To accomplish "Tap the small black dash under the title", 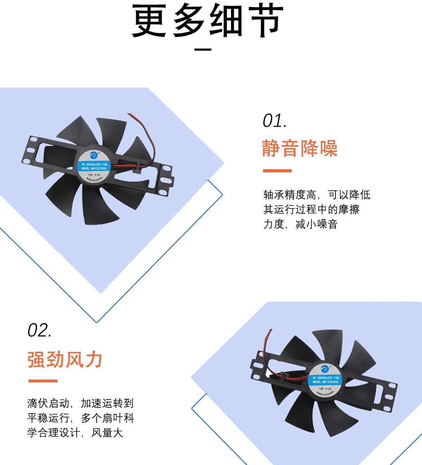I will (x=203, y=50).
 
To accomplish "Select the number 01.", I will (x=275, y=121).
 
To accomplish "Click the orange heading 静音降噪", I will (x=300, y=148).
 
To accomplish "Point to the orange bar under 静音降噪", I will (x=277, y=171).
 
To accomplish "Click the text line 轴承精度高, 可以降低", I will (x=316, y=195).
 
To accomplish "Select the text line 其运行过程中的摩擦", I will (x=311, y=210).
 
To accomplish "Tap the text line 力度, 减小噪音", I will (x=300, y=224).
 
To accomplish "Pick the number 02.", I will (x=39, y=331).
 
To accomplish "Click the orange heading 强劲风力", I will (x=65, y=359).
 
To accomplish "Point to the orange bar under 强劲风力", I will (x=42, y=381).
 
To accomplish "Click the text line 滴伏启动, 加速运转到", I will (x=80, y=403).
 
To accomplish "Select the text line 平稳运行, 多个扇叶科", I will (x=80, y=418).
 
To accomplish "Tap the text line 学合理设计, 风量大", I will (x=75, y=433).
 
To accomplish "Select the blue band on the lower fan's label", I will (x=325, y=380).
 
